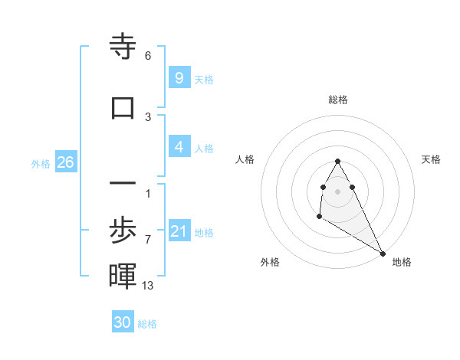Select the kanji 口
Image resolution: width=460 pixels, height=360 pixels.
(123, 107)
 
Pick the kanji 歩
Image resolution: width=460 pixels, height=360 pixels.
(123, 229)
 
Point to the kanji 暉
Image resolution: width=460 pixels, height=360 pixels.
(123, 276)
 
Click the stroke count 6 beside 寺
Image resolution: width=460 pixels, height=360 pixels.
(148, 56)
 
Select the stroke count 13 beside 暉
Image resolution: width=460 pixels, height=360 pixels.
(148, 285)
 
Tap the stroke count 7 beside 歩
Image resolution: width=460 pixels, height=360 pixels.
(148, 239)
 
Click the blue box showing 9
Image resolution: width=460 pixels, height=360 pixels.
(179, 78)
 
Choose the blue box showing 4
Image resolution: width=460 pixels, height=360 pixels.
(179, 147)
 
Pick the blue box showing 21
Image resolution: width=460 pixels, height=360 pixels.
(179, 231)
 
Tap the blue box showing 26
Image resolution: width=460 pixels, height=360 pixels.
(65, 162)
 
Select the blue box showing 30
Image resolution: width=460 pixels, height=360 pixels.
(123, 322)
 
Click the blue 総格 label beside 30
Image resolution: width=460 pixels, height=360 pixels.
(147, 324)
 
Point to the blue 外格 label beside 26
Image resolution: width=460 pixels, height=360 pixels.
(41, 164)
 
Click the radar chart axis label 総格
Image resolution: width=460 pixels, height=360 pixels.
(338, 100)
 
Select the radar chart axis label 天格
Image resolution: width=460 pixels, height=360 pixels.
(432, 159)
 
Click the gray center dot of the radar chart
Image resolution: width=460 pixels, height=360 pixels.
(338, 191)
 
